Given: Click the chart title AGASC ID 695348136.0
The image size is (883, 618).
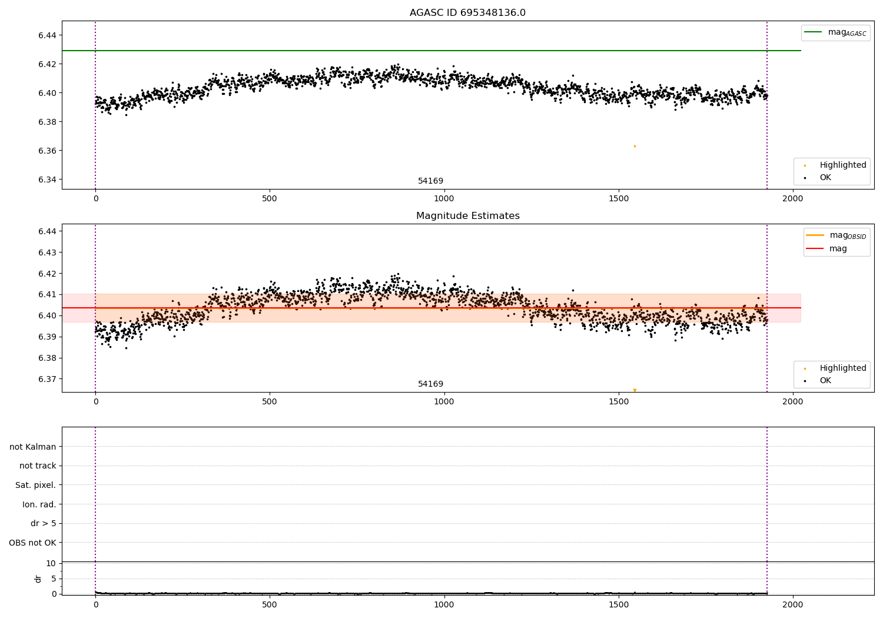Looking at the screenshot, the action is click(x=467, y=12).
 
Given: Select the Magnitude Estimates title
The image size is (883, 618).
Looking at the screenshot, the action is click(x=468, y=215).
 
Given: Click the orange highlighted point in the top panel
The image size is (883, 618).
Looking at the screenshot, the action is click(x=635, y=146).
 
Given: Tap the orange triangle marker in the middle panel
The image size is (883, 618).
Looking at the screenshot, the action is click(x=635, y=390).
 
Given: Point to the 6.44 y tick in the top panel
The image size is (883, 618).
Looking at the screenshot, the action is click(x=47, y=35).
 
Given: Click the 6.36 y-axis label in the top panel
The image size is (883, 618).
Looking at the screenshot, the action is click(x=47, y=151).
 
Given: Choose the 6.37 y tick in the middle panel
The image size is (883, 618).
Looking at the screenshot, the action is click(x=47, y=379).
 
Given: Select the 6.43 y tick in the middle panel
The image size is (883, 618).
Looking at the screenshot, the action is click(x=47, y=252).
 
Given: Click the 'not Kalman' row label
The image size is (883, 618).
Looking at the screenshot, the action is click(x=33, y=447).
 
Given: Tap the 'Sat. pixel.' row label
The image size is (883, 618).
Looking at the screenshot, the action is click(x=35, y=485).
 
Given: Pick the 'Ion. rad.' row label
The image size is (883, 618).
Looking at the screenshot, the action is click(x=39, y=504).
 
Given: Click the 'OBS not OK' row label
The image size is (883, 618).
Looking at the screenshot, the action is click(x=32, y=543).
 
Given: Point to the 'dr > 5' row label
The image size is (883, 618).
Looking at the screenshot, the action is click(x=44, y=523).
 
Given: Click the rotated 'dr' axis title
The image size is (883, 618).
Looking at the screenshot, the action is click(x=38, y=579).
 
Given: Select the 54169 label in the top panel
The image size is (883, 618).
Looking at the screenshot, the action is click(x=430, y=181).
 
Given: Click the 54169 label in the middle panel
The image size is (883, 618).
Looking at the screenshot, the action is click(x=430, y=384).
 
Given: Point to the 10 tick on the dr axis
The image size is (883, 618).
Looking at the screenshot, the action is click(x=51, y=564).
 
